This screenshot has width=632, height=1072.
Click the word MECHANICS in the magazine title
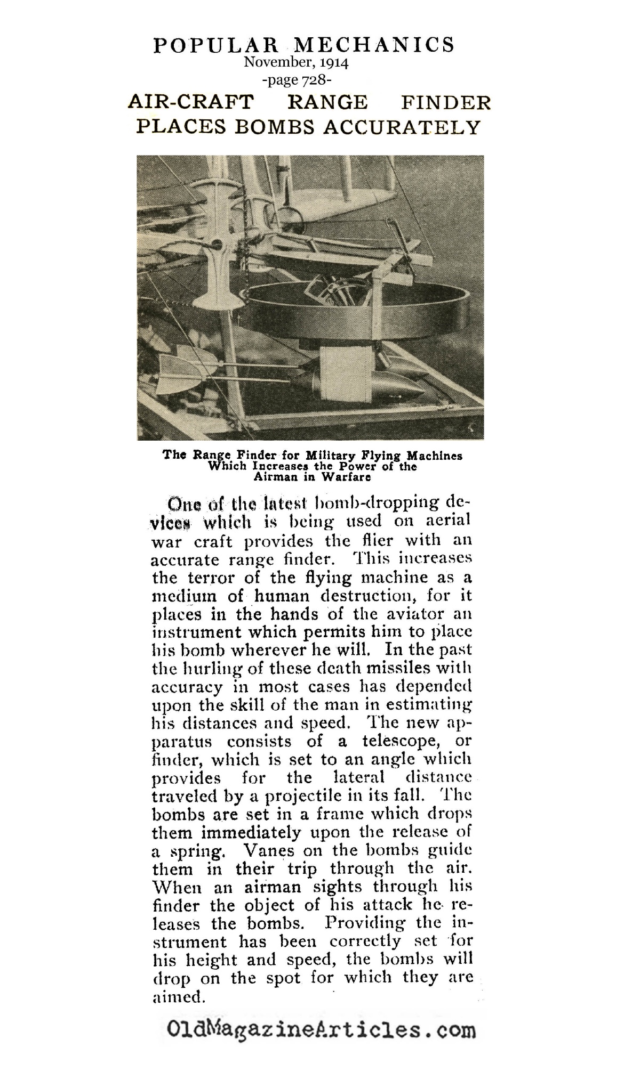(372, 45)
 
